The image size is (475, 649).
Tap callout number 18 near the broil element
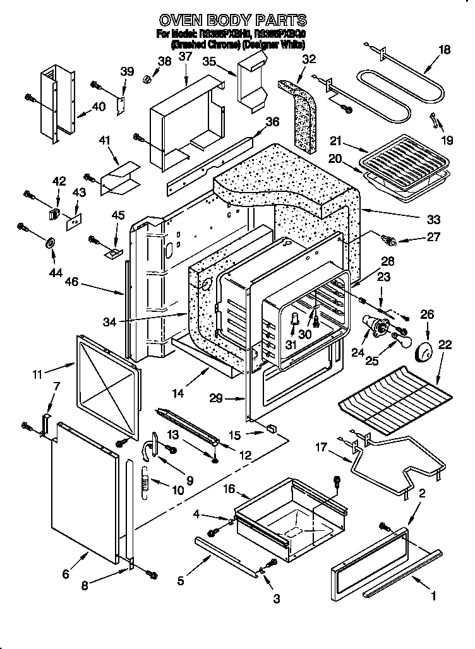coord(444,50)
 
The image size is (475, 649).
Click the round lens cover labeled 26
coord(427,351)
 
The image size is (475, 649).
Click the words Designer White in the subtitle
coord(275,45)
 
